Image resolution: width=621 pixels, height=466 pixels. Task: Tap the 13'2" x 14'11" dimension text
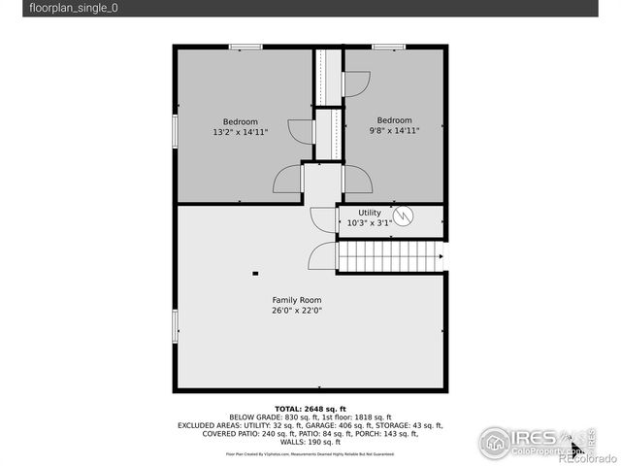click(x=241, y=131)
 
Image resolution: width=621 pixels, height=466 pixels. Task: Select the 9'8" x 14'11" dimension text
click(x=394, y=131)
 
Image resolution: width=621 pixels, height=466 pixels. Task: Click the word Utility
click(x=370, y=212)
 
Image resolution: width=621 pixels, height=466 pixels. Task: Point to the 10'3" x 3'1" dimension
click(x=370, y=222)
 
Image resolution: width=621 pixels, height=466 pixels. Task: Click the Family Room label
click(x=297, y=300)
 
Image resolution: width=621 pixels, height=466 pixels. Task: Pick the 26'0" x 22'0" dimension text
click(x=297, y=311)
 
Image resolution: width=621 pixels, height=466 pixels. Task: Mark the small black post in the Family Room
click(x=255, y=274)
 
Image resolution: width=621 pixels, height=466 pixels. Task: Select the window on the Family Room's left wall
click(x=176, y=324)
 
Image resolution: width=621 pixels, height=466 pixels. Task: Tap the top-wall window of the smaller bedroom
click(x=389, y=47)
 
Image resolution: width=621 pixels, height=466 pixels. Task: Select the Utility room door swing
click(x=322, y=218)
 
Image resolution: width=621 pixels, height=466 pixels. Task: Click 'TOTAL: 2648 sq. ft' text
click(x=310, y=409)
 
